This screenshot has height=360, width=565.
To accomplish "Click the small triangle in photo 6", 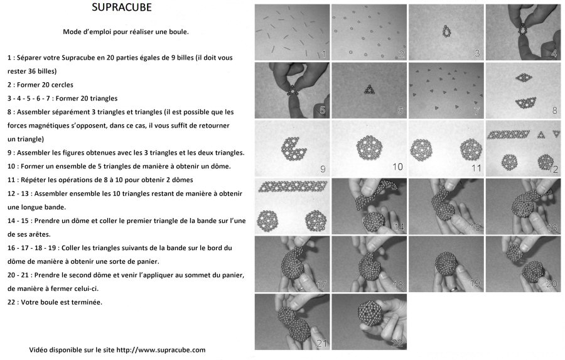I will coord(369,90).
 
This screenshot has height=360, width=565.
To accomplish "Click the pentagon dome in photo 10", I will coord(369,148).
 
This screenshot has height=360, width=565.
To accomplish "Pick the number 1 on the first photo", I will coord(323,55).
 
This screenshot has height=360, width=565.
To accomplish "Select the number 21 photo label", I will coord(321,343).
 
